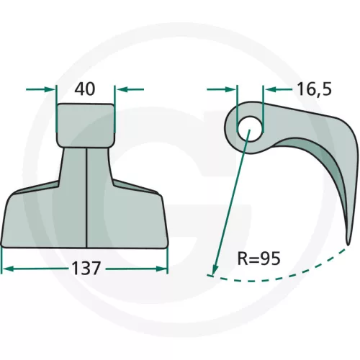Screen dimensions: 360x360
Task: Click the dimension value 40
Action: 85,89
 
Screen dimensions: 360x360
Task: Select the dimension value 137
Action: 86,269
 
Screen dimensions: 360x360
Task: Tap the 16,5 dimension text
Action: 315,89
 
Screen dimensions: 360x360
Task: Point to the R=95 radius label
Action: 258,258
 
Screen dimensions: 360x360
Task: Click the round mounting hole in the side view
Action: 250,129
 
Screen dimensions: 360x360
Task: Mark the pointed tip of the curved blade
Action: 348,244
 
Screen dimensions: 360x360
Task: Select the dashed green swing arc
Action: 276,279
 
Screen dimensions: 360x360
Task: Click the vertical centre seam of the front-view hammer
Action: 86,197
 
